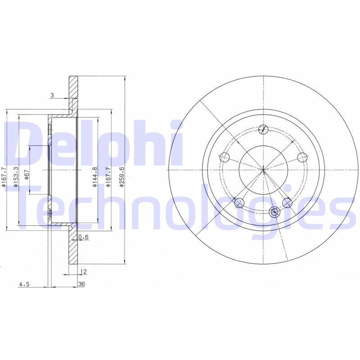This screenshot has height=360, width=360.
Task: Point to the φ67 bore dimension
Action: [x=27, y=174]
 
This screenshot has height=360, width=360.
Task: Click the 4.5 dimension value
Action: [x=24, y=284]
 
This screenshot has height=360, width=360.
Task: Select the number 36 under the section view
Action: [x=81, y=284]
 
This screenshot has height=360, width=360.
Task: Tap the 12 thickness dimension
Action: [x=83, y=271]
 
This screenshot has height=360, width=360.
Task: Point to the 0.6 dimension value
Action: [x=83, y=237]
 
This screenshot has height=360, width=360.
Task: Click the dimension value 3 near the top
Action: [x=52, y=95]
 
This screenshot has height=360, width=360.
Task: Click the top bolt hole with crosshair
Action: [x=264, y=130]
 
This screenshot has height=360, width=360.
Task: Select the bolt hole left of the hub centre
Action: [x=225, y=157]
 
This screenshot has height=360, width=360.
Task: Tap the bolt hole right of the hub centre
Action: [x=303, y=157]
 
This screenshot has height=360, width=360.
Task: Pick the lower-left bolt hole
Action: [x=239, y=203]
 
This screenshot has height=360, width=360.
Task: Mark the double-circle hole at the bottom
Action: [x=274, y=212]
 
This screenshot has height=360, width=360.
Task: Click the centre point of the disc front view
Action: [x=263, y=169]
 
